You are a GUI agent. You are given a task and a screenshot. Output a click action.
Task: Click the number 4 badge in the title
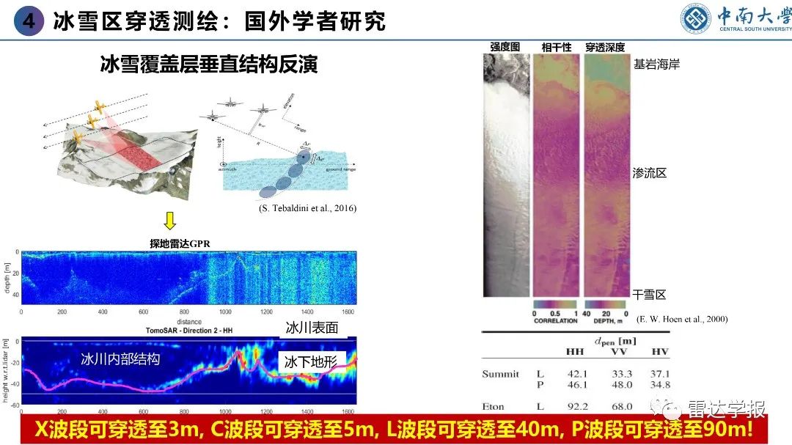(29, 21)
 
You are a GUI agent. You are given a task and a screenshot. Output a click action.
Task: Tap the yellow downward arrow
(169, 219)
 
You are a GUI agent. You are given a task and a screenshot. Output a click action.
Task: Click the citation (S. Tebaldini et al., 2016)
(307, 208)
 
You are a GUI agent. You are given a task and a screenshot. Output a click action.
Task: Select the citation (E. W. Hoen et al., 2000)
(682, 320)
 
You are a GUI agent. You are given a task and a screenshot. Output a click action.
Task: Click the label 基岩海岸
(656, 65)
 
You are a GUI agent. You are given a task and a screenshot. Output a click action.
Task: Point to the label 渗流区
(649, 174)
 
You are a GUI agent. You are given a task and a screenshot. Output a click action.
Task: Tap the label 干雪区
(649, 294)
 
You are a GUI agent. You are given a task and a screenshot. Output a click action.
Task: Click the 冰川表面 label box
(312, 328)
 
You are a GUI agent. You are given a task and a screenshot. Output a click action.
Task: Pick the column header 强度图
(505, 47)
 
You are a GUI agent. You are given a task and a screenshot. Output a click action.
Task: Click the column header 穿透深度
(604, 47)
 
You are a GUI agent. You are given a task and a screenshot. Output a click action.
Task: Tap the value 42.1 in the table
(578, 374)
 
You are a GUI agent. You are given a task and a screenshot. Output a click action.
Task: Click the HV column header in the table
(660, 353)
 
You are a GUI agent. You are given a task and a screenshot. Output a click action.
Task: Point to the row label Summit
(500, 374)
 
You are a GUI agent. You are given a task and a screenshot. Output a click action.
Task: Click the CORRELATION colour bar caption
(555, 320)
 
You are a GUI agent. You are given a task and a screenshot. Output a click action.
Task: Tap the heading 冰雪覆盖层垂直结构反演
(208, 64)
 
